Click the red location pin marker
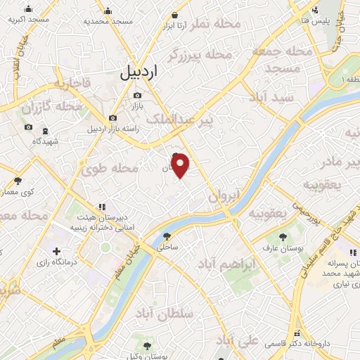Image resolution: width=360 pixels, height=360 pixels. [181, 165]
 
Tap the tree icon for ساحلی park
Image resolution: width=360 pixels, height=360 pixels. [167, 237]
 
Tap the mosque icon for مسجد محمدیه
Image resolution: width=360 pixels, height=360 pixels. [108, 11]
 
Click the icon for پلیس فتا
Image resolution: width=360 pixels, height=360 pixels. [316, 10]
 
